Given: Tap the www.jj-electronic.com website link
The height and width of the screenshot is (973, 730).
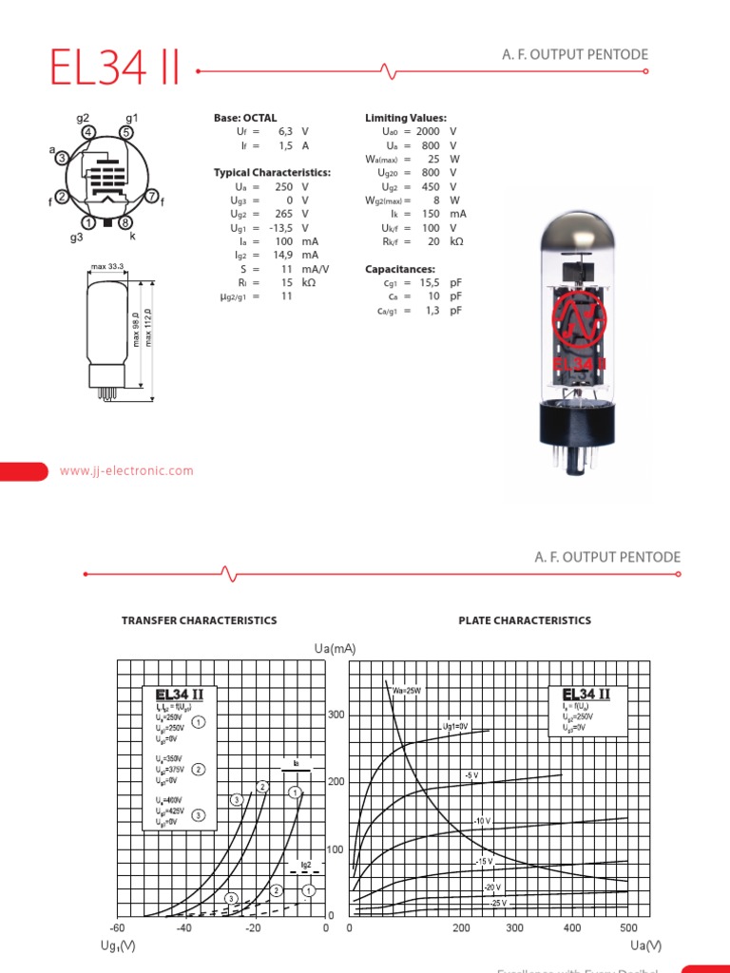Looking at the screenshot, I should [x=126, y=470].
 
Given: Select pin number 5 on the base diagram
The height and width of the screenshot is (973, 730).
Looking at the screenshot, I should [x=126, y=132].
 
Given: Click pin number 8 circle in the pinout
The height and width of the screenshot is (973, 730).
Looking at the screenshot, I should [x=125, y=222].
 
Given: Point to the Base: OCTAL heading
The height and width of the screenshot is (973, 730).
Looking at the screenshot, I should [x=245, y=118].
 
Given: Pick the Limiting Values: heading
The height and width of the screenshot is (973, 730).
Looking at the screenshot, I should [x=406, y=118].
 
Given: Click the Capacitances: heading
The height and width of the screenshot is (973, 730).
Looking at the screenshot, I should [x=400, y=269].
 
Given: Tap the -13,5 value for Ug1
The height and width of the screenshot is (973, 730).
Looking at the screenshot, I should [x=279, y=228].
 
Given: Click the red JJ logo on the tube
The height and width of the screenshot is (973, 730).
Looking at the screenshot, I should [x=580, y=324].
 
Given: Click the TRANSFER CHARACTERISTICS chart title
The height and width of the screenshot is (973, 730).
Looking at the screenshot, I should [x=200, y=620].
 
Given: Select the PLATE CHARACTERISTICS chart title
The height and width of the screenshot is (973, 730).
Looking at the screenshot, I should [x=525, y=620].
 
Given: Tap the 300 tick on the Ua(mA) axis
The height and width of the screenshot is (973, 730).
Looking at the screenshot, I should [x=337, y=715].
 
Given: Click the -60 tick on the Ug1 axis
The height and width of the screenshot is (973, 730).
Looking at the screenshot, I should [x=117, y=927].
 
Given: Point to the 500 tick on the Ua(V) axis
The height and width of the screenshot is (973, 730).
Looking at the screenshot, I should [x=627, y=927].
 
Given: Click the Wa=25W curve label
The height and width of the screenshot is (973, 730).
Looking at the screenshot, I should [x=406, y=691].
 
